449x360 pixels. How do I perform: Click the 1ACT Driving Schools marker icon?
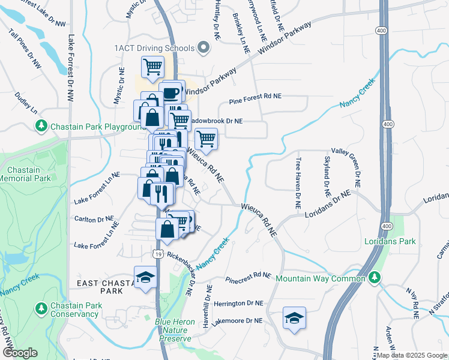point(203,48)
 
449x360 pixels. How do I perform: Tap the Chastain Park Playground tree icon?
point(41,127)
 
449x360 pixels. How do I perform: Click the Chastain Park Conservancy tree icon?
point(41,309)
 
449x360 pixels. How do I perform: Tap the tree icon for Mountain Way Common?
point(375,278)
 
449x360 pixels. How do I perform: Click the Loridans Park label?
point(390,242)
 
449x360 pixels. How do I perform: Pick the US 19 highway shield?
point(158,254)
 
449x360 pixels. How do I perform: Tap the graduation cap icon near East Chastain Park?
point(144,277)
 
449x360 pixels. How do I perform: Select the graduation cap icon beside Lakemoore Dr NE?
point(294,317)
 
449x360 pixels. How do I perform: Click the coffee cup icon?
point(171,92)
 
